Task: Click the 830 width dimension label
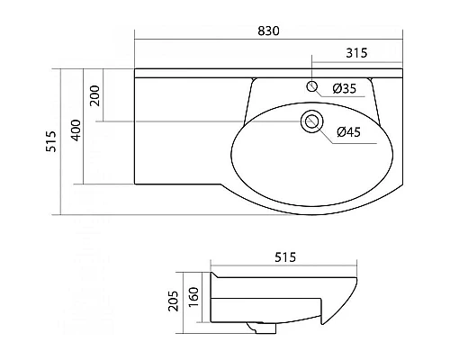tap(268, 31)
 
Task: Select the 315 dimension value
tap(356, 53)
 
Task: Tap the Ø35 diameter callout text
tap(345, 88)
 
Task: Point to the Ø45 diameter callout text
tap(348, 132)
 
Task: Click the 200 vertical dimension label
tap(95, 95)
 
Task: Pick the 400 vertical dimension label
tap(76, 130)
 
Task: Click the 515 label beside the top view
tap(51, 141)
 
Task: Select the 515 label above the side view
tap(285, 257)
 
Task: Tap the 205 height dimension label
tap(173, 301)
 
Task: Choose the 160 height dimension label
tap(194, 297)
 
